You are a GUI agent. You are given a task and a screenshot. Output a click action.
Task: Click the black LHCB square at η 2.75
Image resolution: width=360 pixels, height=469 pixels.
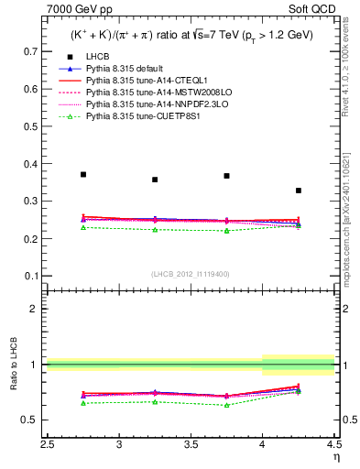point(83,174)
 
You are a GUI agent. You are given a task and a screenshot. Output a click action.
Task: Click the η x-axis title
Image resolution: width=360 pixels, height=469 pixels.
point(336,455)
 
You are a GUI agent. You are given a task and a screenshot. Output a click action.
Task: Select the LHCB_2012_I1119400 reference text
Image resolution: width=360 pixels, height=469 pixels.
point(191,274)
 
